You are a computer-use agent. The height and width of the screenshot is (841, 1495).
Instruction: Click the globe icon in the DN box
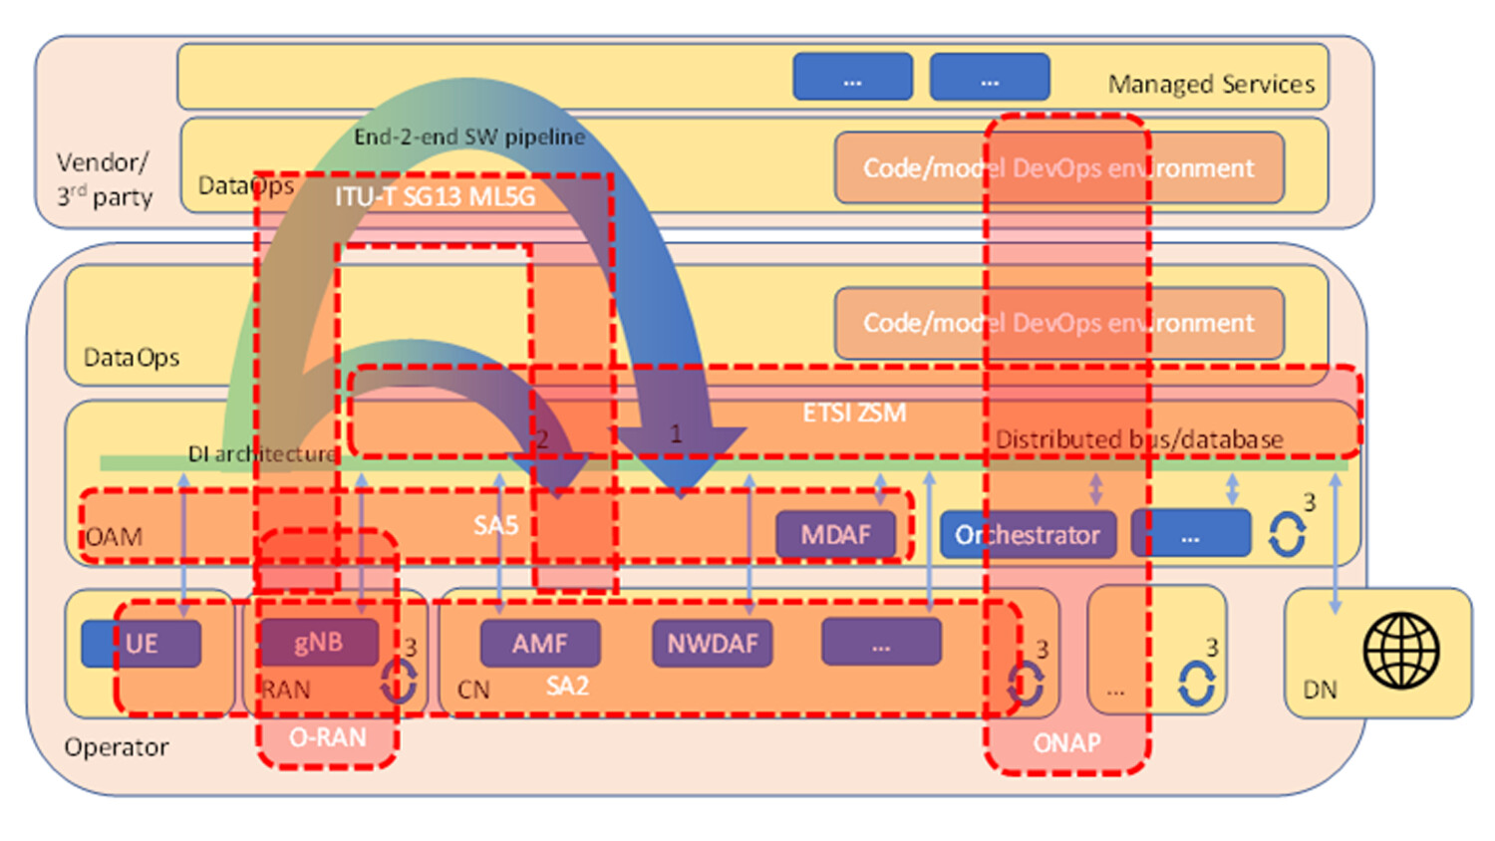tap(1400, 651)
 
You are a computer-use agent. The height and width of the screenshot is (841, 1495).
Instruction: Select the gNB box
tap(319, 643)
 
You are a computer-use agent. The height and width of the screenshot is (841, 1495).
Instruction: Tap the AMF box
tap(540, 644)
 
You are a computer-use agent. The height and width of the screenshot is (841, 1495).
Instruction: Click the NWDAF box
tap(712, 644)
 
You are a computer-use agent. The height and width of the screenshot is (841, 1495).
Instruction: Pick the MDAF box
tap(835, 535)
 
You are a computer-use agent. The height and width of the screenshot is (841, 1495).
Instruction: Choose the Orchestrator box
tap(1028, 535)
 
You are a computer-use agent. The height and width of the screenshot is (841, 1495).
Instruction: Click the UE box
tap(142, 644)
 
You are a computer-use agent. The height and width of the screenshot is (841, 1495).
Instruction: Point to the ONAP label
tap(1066, 743)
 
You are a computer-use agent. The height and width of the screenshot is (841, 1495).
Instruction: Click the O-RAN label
tap(327, 738)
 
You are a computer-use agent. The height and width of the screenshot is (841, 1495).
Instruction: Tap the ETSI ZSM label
tap(854, 413)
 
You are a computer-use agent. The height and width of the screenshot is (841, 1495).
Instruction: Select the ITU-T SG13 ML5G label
tap(435, 197)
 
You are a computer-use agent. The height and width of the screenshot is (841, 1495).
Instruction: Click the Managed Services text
tap(1211, 85)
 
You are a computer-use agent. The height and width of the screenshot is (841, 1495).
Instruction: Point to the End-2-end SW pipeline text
tap(469, 138)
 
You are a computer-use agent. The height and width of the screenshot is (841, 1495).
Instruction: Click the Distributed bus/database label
tap(1139, 439)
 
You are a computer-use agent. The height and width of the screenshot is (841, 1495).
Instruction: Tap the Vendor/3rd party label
tap(104, 179)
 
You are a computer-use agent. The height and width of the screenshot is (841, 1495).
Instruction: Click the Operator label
tap(117, 747)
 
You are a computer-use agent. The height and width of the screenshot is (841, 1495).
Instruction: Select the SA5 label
tap(495, 525)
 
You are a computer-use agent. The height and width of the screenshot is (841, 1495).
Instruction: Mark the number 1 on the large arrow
tap(676, 434)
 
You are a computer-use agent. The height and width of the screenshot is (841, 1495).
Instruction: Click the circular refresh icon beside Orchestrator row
tap(1287, 535)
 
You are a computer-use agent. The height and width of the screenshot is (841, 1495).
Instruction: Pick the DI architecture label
tap(262, 454)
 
